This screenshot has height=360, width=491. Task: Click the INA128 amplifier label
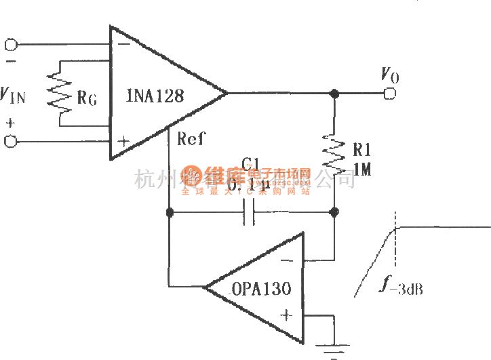(x=155, y=96)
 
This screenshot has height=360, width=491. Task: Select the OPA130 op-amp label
(x=261, y=289)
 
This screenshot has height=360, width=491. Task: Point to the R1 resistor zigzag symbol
(x=334, y=152)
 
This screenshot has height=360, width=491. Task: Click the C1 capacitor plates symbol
(x=249, y=213)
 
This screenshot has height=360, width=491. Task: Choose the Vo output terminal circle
(x=389, y=94)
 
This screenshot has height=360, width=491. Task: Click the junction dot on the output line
(x=334, y=94)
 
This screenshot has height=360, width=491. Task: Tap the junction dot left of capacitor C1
(x=169, y=213)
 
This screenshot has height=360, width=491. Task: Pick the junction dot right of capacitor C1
(x=334, y=213)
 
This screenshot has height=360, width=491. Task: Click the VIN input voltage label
(x=13, y=96)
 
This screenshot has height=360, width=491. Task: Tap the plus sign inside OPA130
(x=286, y=315)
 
